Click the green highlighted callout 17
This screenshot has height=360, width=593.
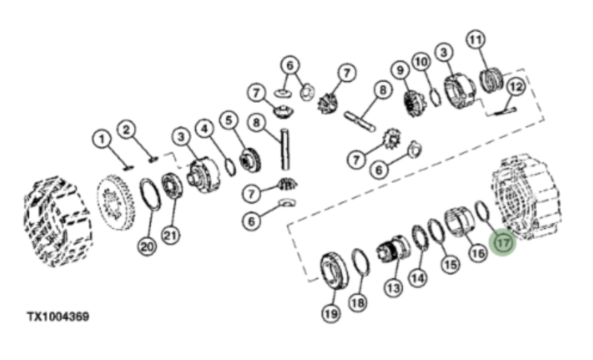(502, 243)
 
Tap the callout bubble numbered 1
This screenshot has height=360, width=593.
(101, 139)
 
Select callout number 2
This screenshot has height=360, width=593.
(126, 130)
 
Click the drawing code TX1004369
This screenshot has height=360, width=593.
(58, 316)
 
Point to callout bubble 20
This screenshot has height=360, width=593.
(147, 247)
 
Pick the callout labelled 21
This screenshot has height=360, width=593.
(170, 236)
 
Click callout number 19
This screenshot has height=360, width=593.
(332, 314)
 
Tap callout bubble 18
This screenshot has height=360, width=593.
(358, 302)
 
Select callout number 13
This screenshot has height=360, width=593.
(393, 288)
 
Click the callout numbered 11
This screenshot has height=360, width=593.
(476, 39)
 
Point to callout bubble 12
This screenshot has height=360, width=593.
(516, 86)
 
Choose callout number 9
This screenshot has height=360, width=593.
(400, 70)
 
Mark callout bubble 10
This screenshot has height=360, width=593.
(422, 61)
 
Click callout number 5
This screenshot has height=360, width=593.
(229, 120)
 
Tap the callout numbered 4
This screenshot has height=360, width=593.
(204, 129)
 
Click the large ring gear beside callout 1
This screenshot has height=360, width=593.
(116, 202)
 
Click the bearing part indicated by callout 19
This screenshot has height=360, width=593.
(334, 271)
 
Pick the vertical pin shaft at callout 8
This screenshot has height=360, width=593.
(285, 149)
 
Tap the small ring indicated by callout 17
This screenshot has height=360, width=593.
(482, 212)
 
